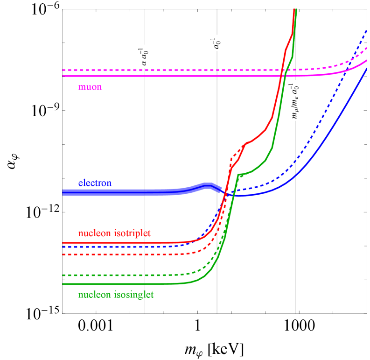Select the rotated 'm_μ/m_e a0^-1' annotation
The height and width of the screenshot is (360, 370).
click(295, 102)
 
